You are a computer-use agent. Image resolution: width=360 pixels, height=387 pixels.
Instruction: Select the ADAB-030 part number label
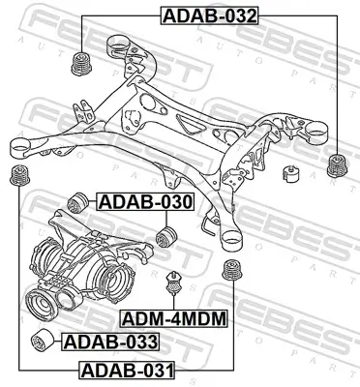145,202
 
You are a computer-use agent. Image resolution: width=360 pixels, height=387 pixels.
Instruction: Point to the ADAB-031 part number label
126,370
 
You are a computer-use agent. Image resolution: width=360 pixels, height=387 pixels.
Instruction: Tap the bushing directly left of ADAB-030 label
82,203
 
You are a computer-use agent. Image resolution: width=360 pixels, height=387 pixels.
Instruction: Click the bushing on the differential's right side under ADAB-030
166,236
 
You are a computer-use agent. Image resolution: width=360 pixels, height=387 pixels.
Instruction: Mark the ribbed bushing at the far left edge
16,176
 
